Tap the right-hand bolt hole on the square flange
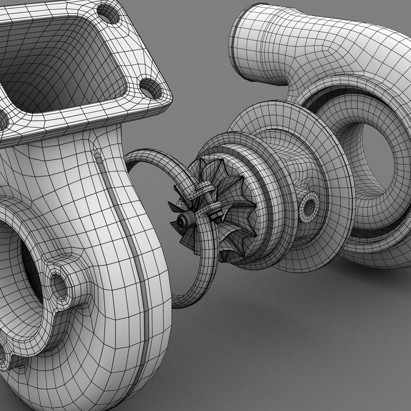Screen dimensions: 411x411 pos(151,88)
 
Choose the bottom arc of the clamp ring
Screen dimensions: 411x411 pos(194,297)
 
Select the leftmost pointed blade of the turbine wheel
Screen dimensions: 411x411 pos(173,207)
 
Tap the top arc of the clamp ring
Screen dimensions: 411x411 pos(152,156)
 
